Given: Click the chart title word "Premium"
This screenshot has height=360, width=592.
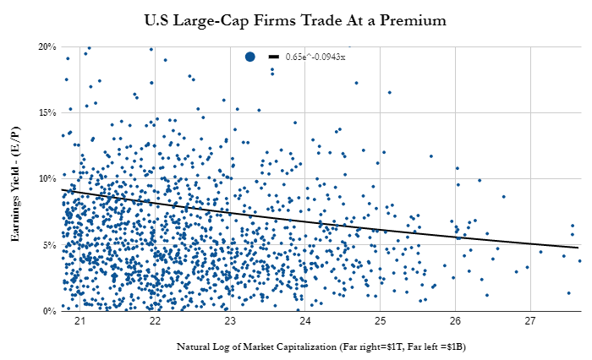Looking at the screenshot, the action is click(413, 20).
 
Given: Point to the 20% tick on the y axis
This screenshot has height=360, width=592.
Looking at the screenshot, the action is click(47, 46).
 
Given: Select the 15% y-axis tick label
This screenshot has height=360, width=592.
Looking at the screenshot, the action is click(47, 113).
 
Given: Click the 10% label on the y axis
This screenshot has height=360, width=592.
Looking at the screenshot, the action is click(47, 178).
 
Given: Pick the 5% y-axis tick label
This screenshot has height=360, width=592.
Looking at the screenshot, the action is click(49, 245).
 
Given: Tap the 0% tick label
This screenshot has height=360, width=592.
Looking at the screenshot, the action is click(49, 311).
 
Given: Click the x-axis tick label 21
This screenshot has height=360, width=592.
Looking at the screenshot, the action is click(79, 321).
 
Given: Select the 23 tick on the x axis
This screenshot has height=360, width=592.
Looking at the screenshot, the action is click(229, 321).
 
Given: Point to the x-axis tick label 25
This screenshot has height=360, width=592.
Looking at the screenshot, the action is click(381, 321).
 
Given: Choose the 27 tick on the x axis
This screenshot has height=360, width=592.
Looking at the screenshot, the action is click(530, 321).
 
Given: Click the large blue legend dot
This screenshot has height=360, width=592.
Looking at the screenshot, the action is click(250, 57).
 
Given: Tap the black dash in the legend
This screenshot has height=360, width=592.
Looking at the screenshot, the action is click(274, 57).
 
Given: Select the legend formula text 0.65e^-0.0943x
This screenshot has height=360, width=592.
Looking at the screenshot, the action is click(315, 57).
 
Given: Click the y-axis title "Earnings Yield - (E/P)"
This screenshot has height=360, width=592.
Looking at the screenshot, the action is click(15, 184).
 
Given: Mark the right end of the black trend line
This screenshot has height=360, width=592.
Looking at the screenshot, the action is click(578, 248).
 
